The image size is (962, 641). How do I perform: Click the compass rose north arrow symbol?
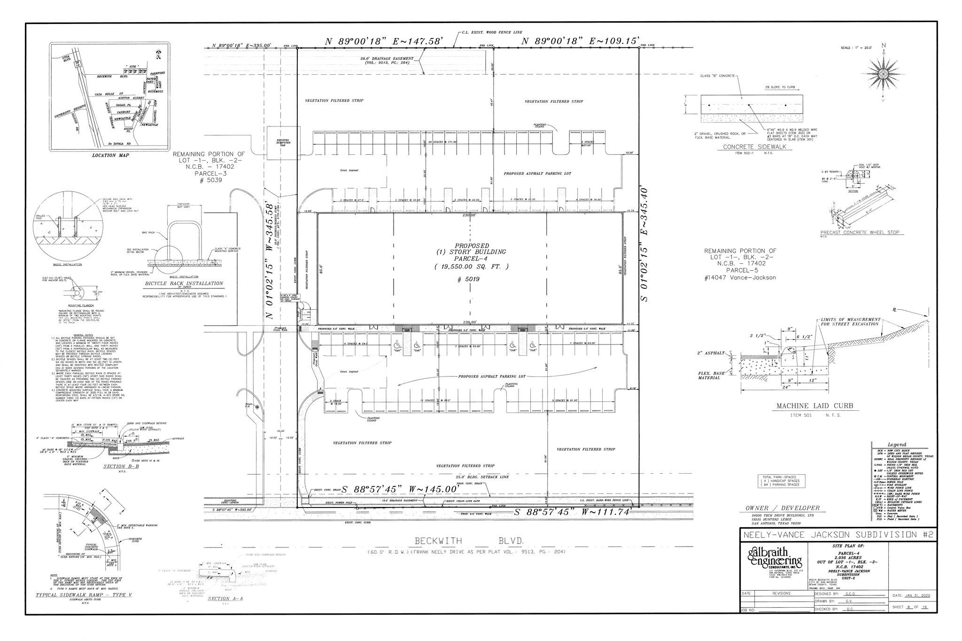883,73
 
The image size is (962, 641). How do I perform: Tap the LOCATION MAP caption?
110,155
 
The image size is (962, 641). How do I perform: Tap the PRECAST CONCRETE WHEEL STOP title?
856,232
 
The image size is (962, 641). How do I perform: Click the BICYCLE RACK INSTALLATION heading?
184,283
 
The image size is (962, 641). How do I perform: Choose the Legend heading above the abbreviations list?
897,445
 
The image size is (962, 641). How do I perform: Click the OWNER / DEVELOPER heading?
782,508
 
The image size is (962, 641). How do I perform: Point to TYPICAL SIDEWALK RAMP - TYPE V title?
84,595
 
